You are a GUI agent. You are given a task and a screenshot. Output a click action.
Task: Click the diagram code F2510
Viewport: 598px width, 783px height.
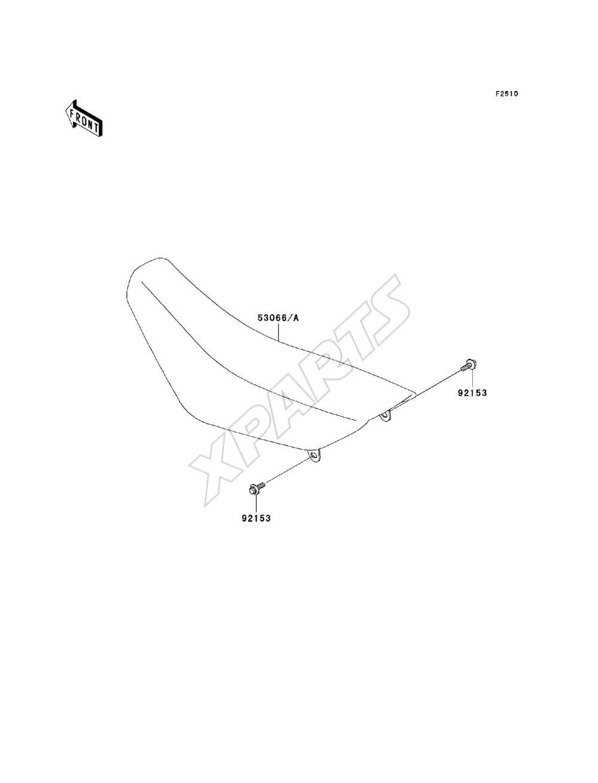point(507,94)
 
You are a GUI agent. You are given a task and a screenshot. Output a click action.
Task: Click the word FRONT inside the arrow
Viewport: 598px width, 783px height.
point(84,120)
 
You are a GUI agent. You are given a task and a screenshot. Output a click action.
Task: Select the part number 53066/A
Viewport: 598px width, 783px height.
point(278,318)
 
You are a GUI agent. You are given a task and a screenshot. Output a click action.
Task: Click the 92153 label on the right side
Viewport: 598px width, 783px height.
point(472,393)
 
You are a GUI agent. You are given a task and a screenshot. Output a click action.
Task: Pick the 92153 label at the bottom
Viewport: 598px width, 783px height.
point(256,519)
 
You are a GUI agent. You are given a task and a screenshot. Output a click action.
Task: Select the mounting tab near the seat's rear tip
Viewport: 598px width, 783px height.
point(385,415)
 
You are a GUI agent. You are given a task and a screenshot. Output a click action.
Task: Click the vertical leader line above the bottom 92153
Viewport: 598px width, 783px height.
point(256,504)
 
